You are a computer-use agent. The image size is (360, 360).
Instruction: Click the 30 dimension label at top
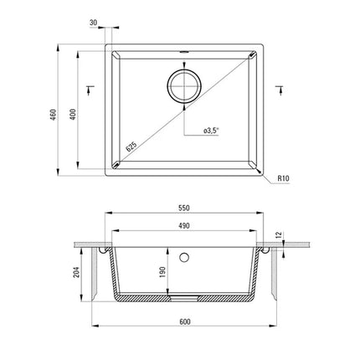94,23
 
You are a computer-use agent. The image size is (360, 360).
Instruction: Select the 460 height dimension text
54,115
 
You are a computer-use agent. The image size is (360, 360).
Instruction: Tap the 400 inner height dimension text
73,115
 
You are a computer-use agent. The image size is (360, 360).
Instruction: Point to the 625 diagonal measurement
131,147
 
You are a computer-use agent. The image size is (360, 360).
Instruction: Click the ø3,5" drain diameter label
211,131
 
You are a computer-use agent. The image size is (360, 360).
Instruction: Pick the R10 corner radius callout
283,178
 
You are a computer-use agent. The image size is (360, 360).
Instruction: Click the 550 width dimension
184,208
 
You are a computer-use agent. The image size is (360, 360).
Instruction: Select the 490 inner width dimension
184,226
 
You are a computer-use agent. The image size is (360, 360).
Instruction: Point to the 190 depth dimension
162,272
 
